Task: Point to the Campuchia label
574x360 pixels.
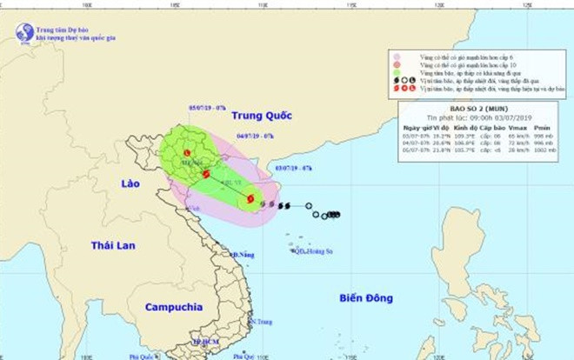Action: coord(174,307)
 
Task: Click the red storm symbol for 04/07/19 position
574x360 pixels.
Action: coord(206,174)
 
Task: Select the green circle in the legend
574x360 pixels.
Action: coord(396,74)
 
